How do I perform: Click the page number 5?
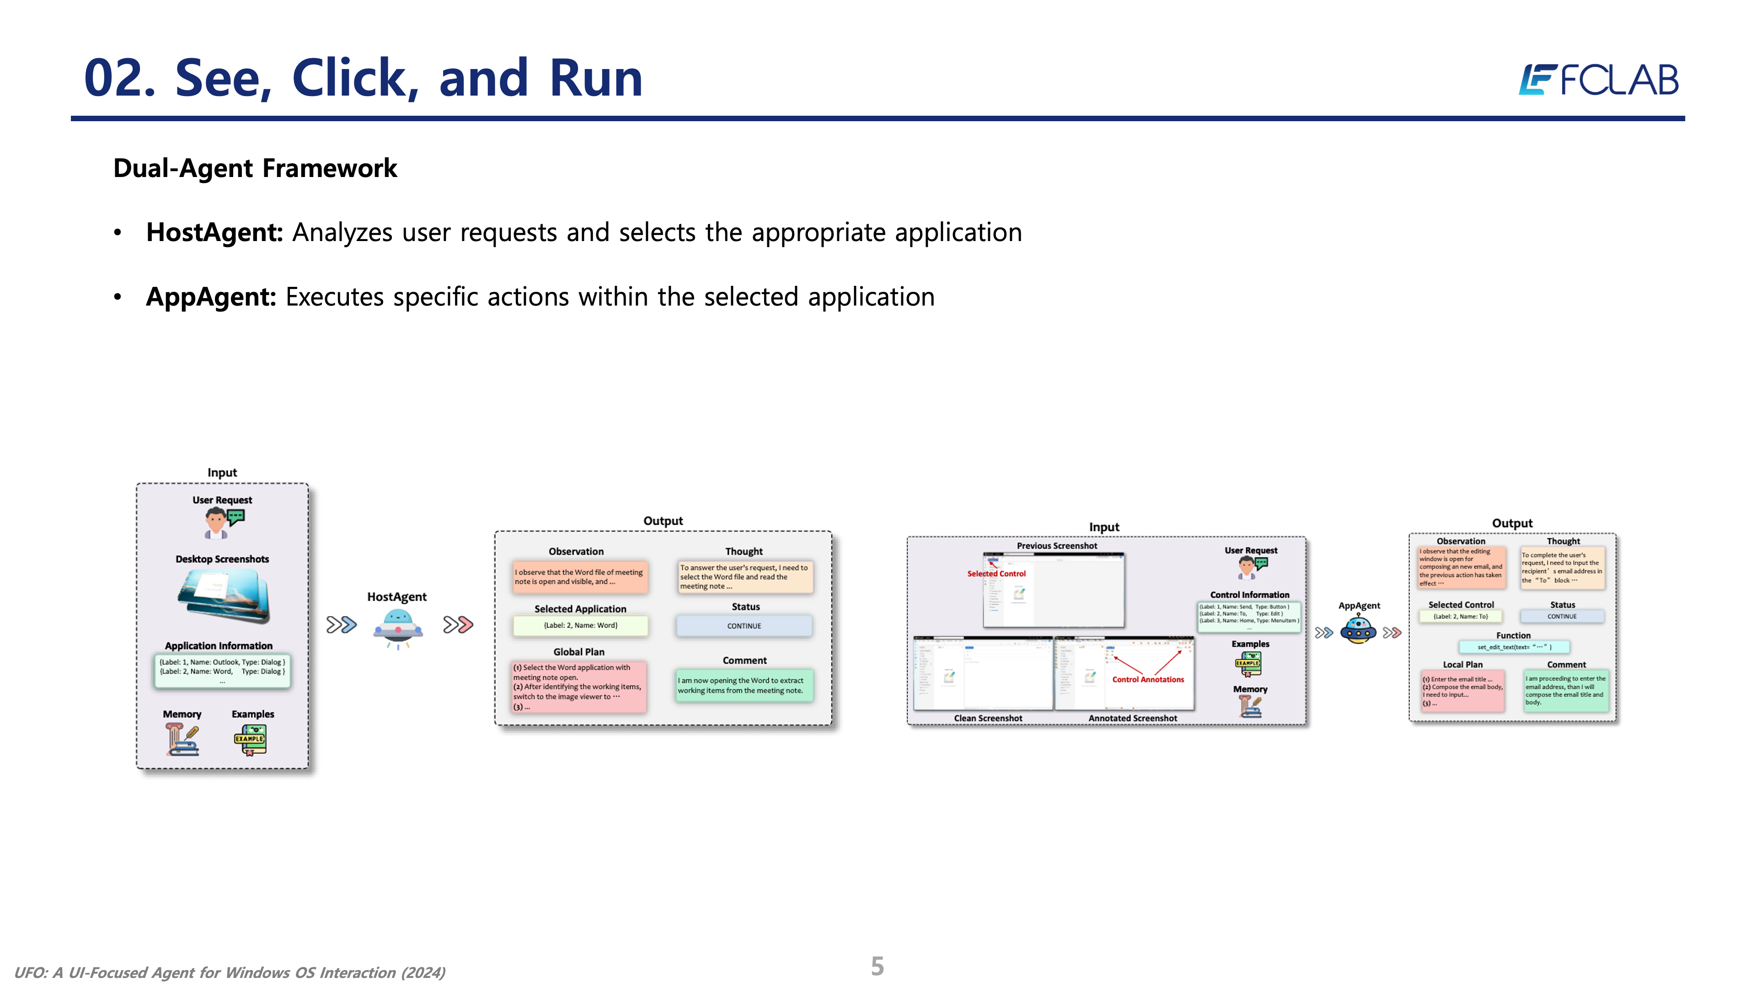tap(878, 966)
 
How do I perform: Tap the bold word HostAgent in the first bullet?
tap(214, 232)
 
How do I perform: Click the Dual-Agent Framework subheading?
tap(255, 168)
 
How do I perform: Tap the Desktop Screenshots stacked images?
tap(224, 596)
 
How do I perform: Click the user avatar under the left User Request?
tap(216, 524)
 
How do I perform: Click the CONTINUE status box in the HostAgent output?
tap(744, 626)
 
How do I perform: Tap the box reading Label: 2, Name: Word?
tap(580, 625)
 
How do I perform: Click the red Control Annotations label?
tap(1148, 680)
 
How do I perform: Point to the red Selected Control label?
tap(996, 574)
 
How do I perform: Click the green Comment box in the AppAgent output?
tap(1565, 691)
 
